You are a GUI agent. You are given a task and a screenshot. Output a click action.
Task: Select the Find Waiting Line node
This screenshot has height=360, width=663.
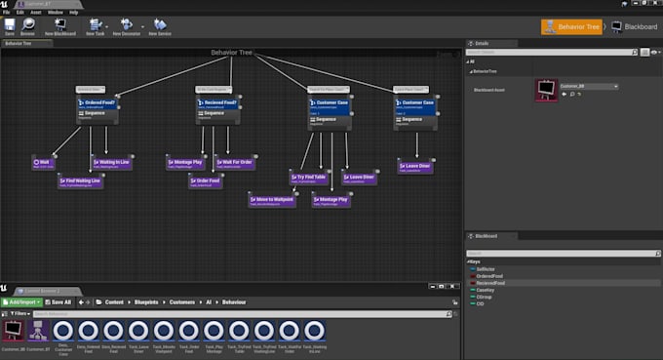tap(81, 180)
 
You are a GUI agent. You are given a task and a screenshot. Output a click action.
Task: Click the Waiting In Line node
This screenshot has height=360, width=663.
tap(113, 163)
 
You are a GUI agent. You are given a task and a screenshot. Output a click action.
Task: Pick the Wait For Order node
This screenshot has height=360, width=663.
tap(233, 163)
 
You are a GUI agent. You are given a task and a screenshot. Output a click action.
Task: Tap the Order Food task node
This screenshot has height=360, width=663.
tap(206, 180)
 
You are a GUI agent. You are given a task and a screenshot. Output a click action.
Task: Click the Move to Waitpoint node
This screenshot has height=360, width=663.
tap(271, 199)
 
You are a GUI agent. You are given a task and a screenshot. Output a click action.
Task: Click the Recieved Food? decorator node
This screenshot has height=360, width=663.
tap(218, 102)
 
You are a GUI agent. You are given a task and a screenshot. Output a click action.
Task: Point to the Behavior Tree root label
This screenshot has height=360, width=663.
tap(232, 53)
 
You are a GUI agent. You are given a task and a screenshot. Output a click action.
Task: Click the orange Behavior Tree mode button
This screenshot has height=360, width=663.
tap(572, 26)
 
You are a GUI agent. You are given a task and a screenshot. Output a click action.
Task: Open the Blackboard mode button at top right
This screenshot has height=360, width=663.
tap(635, 26)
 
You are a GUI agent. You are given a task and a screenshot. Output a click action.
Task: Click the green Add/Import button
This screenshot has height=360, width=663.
tap(20, 301)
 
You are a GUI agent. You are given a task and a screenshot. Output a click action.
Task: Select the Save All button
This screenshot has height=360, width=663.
tap(59, 301)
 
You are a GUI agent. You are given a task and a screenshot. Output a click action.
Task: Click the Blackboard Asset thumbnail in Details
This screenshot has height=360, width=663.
tap(546, 91)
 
